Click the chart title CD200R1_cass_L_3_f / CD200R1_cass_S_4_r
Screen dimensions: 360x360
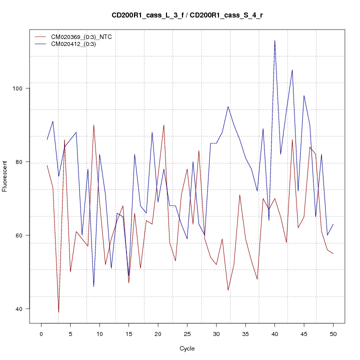187,15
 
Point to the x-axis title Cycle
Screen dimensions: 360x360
186,348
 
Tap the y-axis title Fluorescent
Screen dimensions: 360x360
5,176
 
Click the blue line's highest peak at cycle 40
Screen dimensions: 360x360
274,40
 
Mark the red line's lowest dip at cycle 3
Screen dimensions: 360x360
58,312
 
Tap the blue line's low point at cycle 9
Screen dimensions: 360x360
93,286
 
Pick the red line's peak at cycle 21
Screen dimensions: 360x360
163,125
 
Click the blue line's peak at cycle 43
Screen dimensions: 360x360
292,70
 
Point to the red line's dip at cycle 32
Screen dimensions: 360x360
228,290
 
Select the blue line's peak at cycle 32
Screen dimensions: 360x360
228,106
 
